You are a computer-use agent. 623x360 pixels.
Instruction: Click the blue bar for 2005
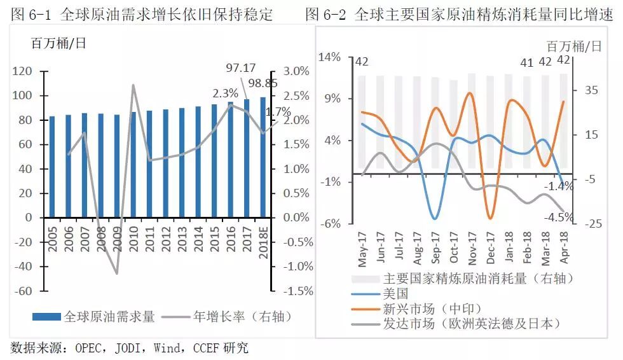tap(51, 167)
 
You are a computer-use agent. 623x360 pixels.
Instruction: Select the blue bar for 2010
tap(133, 165)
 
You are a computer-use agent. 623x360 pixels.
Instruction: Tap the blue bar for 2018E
tap(263, 157)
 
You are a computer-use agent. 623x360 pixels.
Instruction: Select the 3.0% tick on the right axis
tap(296, 71)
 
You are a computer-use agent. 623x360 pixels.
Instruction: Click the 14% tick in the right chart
tap(329, 57)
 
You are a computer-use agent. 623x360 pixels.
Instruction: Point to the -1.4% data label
tap(559, 186)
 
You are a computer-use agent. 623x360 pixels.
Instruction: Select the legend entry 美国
tap(394, 293)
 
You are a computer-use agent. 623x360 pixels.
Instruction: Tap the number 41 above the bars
tap(526, 62)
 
